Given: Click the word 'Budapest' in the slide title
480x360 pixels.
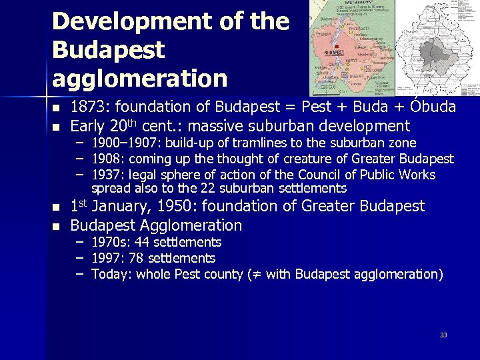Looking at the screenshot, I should click(x=108, y=50).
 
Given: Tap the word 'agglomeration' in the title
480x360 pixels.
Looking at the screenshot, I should click(x=139, y=79).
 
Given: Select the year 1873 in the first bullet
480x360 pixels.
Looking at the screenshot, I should click(x=88, y=107).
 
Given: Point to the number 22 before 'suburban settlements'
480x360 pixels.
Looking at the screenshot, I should click(x=210, y=189).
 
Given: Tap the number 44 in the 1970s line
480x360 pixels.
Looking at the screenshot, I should click(x=143, y=242).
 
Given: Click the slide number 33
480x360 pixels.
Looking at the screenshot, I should click(x=443, y=335).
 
